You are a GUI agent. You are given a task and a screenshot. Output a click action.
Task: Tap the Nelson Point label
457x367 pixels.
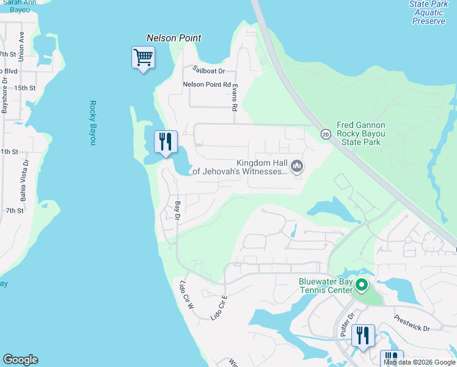(x=174, y=38)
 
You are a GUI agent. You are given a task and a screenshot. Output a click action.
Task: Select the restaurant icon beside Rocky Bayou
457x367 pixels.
(x=166, y=143)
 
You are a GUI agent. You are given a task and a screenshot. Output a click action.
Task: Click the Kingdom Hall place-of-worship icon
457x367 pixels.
(x=298, y=166)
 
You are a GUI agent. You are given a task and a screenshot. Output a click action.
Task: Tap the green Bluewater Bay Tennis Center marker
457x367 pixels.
(x=362, y=285)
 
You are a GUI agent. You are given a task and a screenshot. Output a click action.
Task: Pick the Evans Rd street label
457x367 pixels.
(x=235, y=98)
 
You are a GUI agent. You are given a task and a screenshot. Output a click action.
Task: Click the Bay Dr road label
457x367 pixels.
(x=178, y=210)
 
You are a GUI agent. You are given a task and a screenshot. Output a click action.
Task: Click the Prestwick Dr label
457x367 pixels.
(x=412, y=323)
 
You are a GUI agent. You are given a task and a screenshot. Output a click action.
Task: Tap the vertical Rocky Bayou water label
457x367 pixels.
(x=93, y=122)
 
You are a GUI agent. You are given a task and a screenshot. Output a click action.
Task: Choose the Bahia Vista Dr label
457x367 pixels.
(x=25, y=180)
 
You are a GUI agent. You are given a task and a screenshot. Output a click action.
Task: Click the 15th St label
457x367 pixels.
(x=25, y=88)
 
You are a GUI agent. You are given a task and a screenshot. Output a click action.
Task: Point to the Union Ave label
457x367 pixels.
(x=21, y=46)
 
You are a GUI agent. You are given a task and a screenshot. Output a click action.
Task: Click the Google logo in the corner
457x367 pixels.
(x=20, y=360)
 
